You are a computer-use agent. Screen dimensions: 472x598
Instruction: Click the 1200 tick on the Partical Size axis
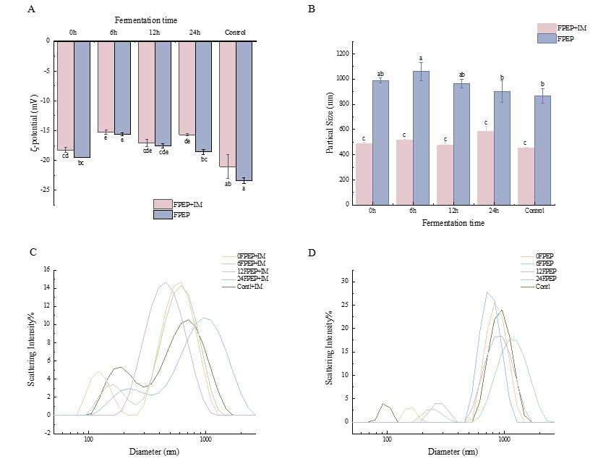340,54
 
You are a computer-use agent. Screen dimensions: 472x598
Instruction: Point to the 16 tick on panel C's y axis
46,269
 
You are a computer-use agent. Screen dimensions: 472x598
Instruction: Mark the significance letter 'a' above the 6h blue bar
420,59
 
